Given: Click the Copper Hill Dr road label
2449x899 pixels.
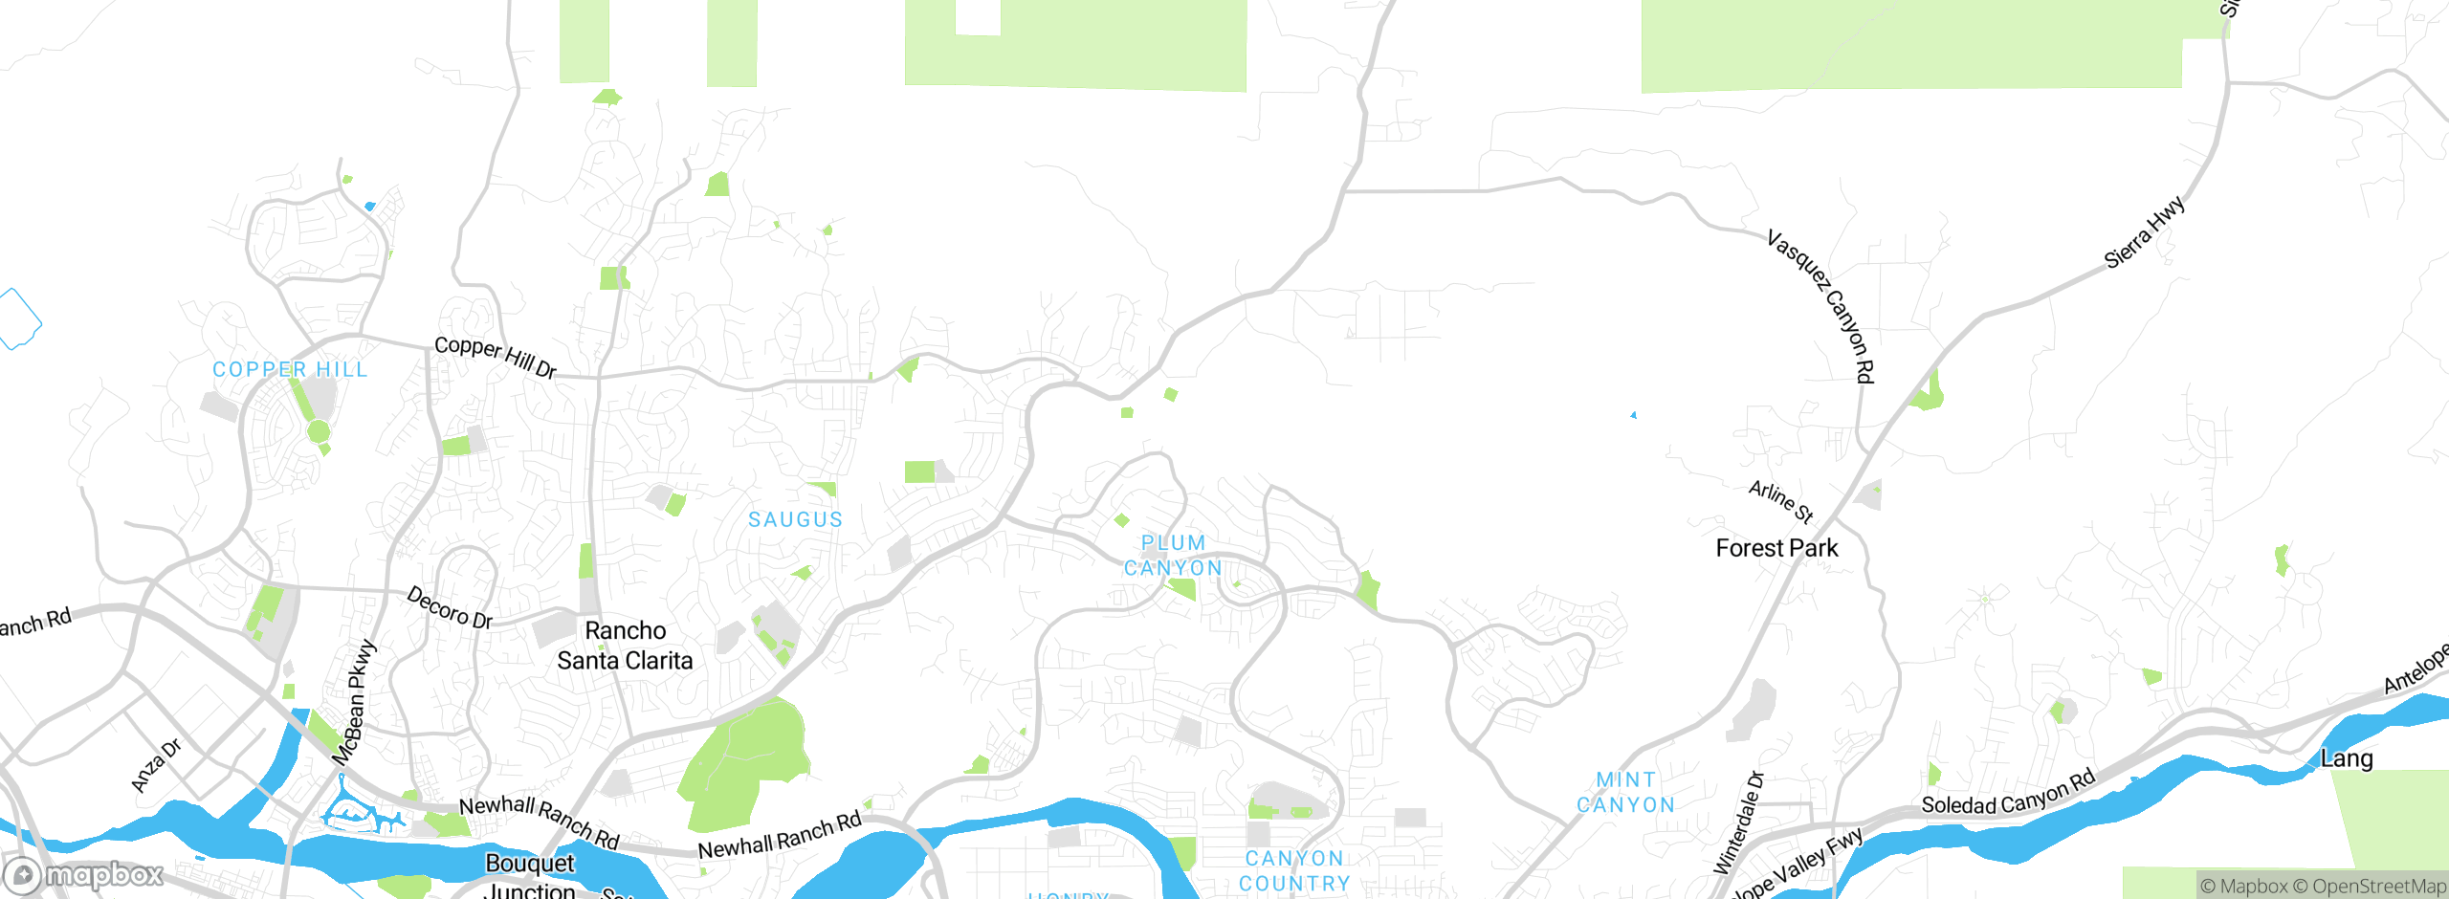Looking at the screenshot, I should coord(495,357).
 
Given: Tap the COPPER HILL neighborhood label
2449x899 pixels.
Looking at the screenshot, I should coord(290,370).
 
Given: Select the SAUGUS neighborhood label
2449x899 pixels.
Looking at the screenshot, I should coord(795,519).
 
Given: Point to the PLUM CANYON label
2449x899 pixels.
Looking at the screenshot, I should coord(1173,556).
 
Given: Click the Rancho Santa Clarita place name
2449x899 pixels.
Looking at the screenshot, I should coord(625,646).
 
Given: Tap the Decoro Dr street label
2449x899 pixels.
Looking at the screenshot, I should coord(450,608).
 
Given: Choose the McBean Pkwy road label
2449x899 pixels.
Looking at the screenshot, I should coord(355,702).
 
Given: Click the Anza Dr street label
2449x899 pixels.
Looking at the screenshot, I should coord(155,766).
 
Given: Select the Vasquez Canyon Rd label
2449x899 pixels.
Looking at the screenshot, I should coord(1821,305).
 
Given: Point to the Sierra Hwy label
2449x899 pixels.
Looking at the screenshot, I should coord(2145,231).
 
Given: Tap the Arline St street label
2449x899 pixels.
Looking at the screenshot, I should coord(1781,502).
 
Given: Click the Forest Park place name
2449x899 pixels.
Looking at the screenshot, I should coord(1776,548).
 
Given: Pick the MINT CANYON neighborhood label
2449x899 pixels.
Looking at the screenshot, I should coord(1625,793).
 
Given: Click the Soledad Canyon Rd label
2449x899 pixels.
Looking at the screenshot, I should coord(2008,794).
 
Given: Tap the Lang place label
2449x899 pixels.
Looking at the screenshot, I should coord(2347,759).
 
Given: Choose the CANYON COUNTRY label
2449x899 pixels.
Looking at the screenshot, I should coord(1294,871).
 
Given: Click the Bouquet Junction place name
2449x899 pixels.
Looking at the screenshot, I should coord(530,876).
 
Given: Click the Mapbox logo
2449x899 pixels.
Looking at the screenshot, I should coord(84,875).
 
